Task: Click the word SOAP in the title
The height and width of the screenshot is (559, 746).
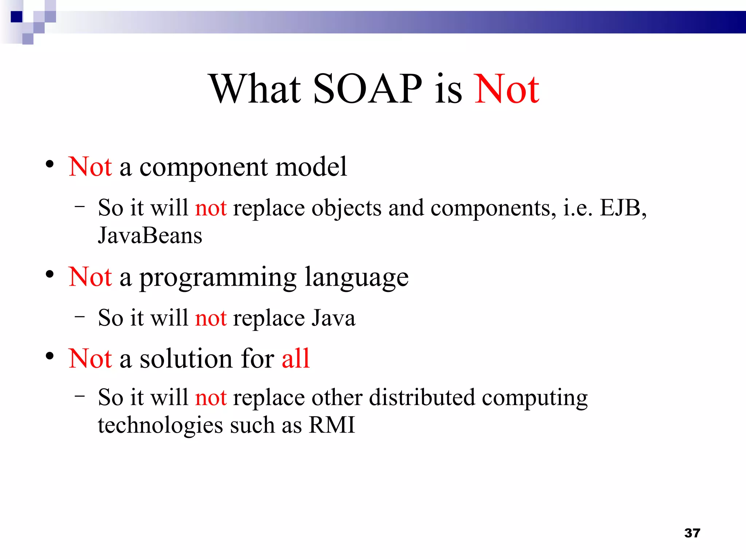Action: coord(367,89)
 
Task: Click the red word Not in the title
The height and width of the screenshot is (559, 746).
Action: coord(506,89)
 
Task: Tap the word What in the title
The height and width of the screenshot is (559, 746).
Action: coord(255,89)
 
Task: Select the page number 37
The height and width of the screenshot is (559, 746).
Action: coord(692,533)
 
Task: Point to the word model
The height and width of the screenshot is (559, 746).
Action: coord(311,167)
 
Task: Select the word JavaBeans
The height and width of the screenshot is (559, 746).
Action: coord(150,236)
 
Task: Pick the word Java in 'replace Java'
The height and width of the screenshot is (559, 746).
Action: coord(334,318)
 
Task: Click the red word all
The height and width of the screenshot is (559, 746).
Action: coord(295,358)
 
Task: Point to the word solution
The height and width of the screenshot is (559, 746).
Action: coord(186,358)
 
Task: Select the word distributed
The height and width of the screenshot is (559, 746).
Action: coord(422,397)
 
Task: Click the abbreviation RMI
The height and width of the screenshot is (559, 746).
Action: coord(331,425)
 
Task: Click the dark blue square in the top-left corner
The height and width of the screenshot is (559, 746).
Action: coord(17,17)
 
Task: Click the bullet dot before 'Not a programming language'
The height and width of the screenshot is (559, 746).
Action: coord(50,274)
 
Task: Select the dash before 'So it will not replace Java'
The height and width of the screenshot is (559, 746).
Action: coord(79,317)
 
